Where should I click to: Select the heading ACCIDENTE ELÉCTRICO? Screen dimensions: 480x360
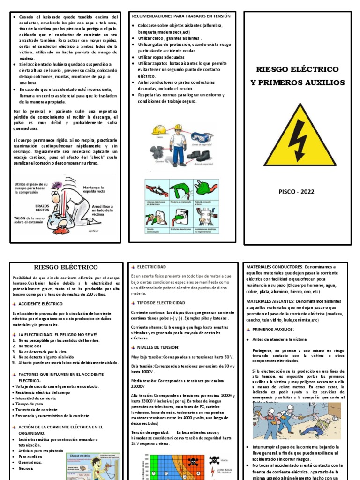(40, 304)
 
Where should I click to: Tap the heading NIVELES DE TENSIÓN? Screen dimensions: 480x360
(158, 347)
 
